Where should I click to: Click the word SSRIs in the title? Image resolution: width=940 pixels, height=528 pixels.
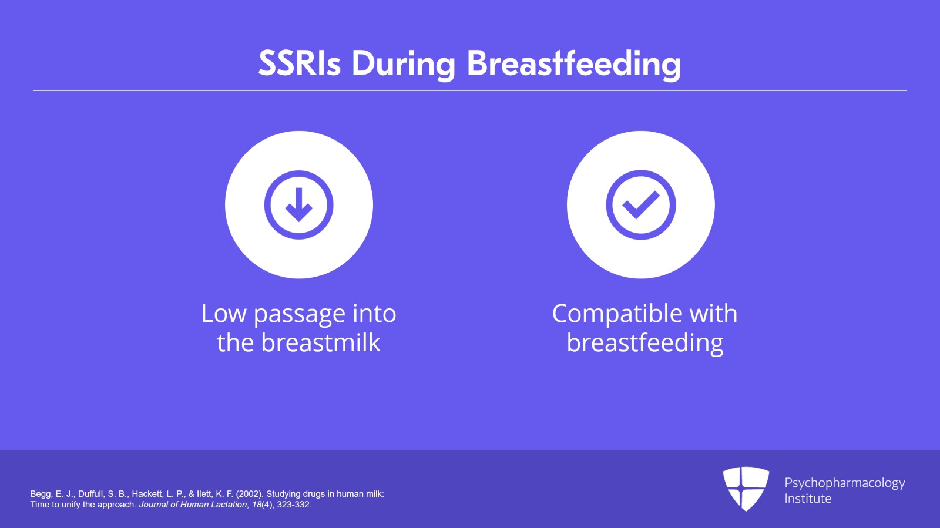tap(299, 63)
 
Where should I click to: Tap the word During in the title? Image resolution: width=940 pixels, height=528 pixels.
tap(403, 65)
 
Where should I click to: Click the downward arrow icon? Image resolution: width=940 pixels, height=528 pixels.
tap(299, 204)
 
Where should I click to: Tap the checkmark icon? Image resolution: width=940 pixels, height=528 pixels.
tap(641, 204)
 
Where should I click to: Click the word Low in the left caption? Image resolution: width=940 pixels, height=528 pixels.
tap(224, 313)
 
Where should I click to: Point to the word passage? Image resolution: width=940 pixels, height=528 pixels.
tap(300, 316)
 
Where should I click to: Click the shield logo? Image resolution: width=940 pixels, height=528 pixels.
tap(746, 489)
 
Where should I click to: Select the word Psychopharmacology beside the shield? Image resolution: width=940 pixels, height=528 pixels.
tap(845, 483)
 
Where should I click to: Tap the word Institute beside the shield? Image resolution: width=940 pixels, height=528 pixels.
tap(808, 499)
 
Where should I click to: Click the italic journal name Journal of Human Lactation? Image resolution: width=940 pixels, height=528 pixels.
tap(193, 505)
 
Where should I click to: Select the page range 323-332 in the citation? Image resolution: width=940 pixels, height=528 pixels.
tap(293, 505)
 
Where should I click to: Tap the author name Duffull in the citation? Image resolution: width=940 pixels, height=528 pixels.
tap(90, 494)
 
